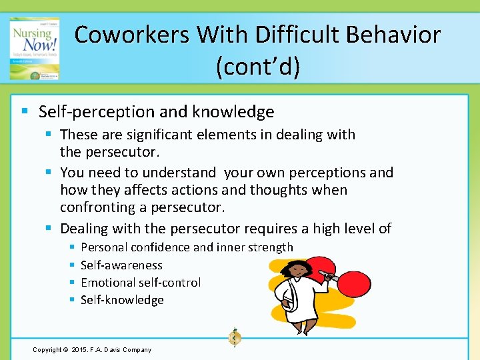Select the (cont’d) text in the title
[257, 66]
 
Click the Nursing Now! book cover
[33, 49]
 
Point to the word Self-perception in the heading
[89, 111]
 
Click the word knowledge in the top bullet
[234, 111]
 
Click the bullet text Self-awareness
[121, 265]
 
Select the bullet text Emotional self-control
[140, 282]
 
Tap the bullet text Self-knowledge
[122, 300]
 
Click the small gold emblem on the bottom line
[234, 337]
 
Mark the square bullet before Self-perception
[24, 111]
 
